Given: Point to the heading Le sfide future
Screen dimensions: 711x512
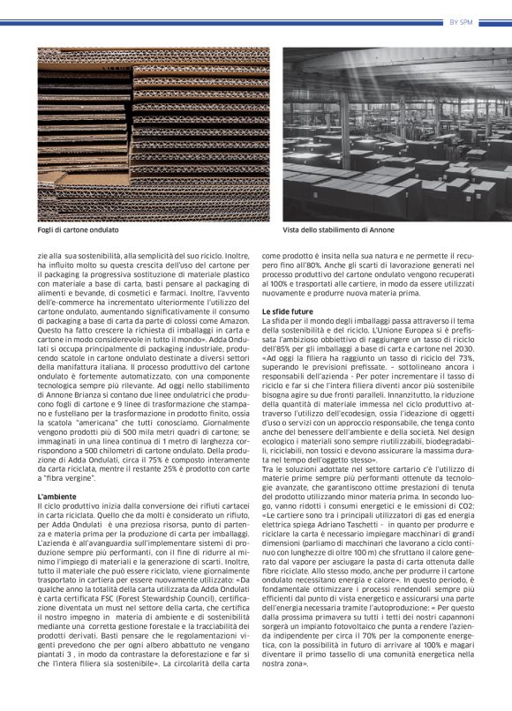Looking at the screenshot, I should (288, 311).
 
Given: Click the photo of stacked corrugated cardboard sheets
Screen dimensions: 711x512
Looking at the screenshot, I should (154, 132).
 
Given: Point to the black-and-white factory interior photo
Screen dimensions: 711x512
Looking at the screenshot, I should (395, 132).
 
